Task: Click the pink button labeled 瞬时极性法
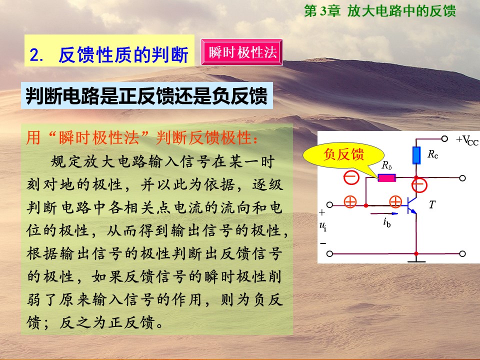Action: tap(241, 52)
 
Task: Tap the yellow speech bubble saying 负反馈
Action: tap(343, 155)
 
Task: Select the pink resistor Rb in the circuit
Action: tap(386, 177)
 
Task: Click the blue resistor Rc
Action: tap(416, 155)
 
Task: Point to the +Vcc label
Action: tap(467, 140)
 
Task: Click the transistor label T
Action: tap(432, 204)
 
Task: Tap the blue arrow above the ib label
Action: tap(384, 213)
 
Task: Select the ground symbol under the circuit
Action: tap(416, 261)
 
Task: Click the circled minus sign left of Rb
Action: tap(351, 177)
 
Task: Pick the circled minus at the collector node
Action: tap(419, 185)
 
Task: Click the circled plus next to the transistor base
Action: tap(395, 201)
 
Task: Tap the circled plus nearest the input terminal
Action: tap(350, 201)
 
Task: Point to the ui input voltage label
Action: tap(323, 226)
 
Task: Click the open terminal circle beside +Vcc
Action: tap(444, 138)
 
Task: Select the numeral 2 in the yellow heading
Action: tap(34, 55)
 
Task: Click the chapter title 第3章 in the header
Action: tap(322, 11)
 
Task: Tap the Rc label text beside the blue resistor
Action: tap(433, 154)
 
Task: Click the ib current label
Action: tap(387, 222)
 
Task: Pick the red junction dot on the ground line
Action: tap(416, 253)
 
